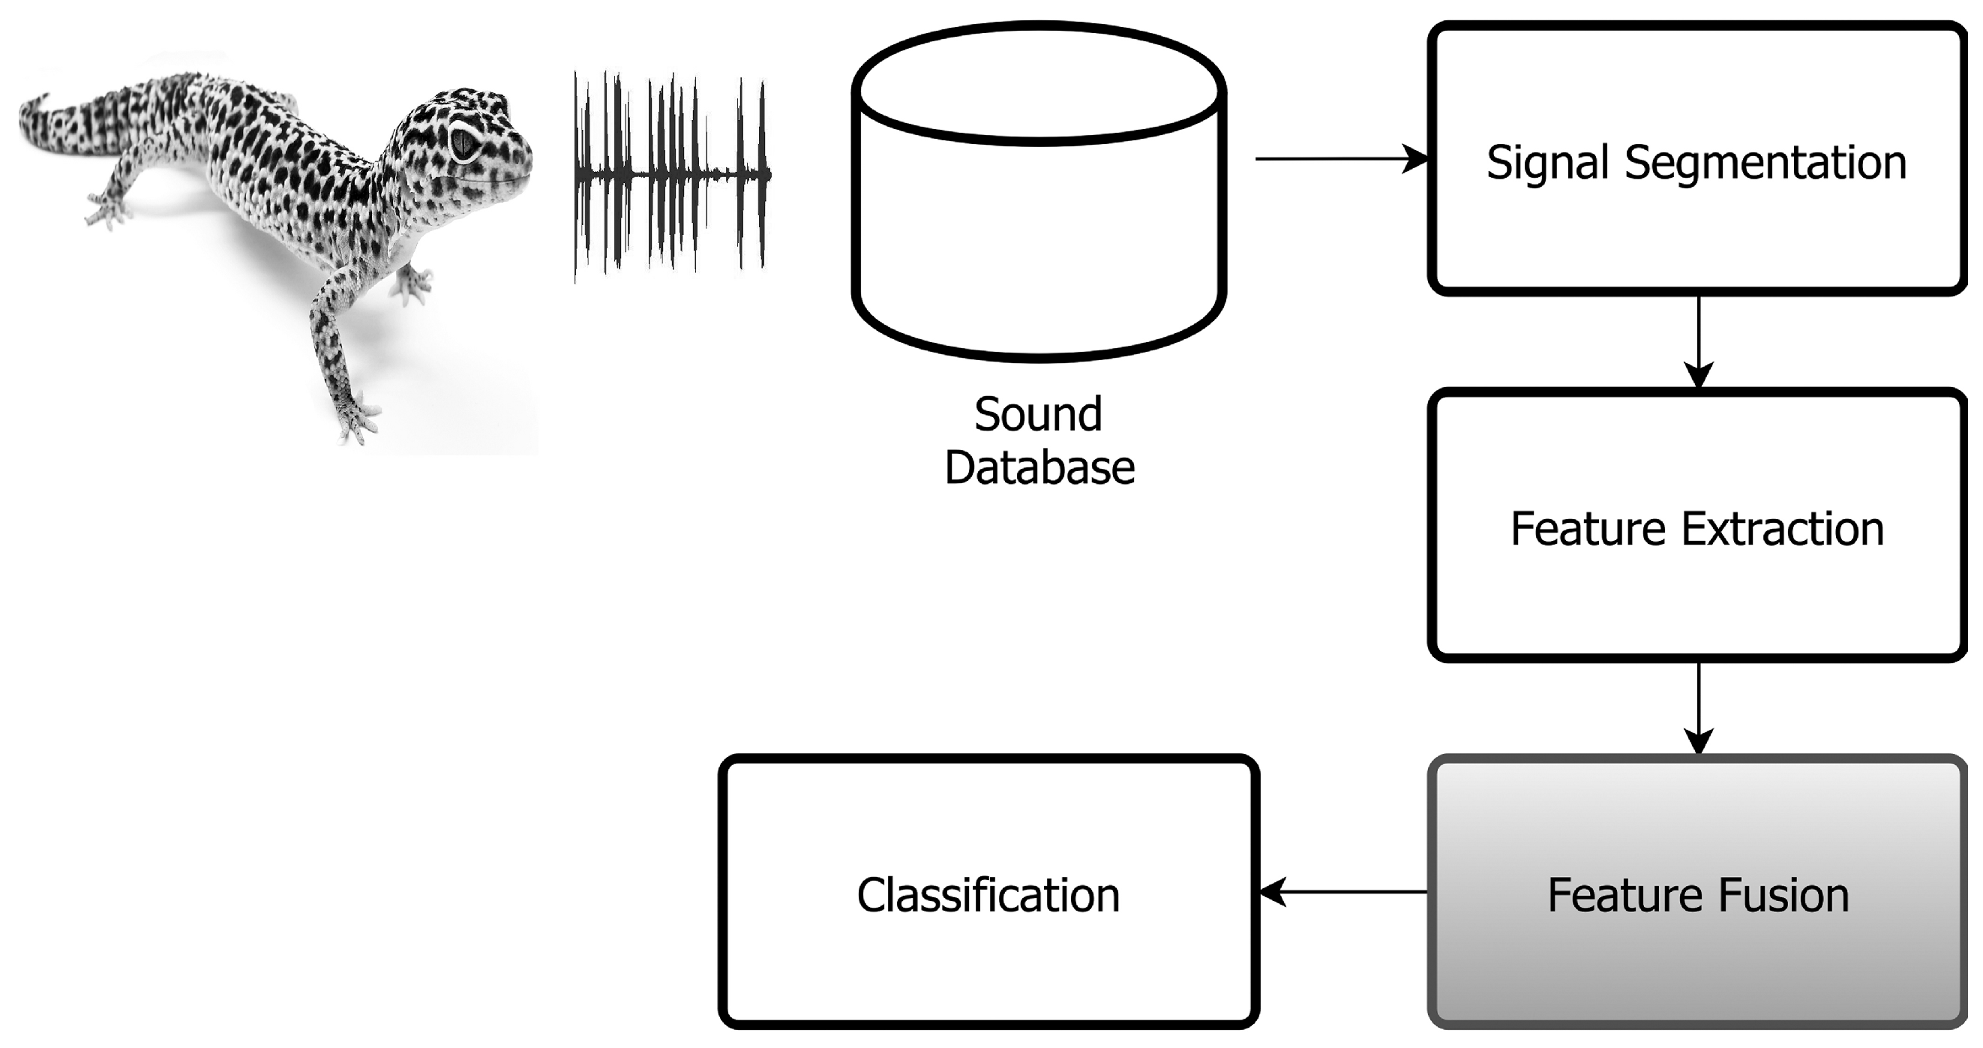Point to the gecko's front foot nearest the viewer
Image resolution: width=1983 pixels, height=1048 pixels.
click(x=358, y=419)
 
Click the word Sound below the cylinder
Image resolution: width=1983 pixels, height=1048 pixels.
click(x=1038, y=415)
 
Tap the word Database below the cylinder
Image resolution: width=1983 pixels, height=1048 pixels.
click(x=1039, y=468)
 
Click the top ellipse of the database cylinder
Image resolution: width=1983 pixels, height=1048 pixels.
click(x=1039, y=85)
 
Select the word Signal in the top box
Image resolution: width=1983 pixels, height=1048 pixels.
click(x=1547, y=164)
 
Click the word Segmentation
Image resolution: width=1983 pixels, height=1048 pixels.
click(x=1765, y=164)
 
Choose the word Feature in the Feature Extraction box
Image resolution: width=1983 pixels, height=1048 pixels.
click(x=1587, y=529)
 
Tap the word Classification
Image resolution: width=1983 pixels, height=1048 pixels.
click(x=988, y=896)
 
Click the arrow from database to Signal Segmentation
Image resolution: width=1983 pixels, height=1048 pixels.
click(x=1339, y=158)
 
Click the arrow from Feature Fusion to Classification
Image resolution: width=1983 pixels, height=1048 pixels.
click(x=1343, y=893)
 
